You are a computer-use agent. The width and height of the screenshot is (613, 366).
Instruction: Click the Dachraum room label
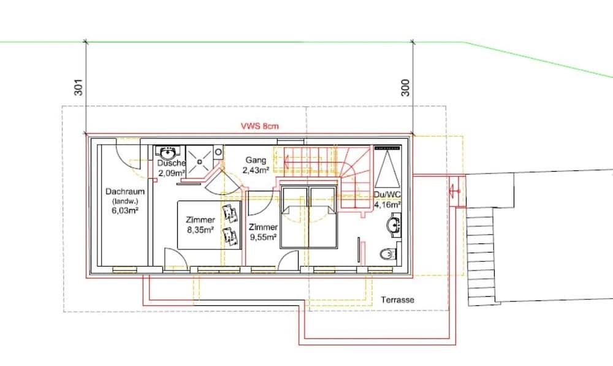click(x=125, y=192)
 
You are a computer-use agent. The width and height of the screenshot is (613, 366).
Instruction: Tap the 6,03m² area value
click(x=125, y=211)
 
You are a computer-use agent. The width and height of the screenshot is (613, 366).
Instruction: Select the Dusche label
click(x=171, y=163)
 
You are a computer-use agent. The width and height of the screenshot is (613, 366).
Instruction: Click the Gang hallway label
click(x=256, y=160)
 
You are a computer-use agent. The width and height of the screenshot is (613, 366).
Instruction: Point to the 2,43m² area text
click(x=256, y=170)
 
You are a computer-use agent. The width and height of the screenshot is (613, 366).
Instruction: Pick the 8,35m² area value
click(x=200, y=230)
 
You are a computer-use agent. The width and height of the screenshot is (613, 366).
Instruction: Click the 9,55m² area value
click(x=263, y=237)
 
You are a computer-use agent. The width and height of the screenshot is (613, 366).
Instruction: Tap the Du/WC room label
click(x=387, y=195)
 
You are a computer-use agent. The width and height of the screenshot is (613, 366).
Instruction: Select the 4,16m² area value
click(x=387, y=205)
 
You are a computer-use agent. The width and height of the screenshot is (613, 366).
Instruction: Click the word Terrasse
click(x=398, y=300)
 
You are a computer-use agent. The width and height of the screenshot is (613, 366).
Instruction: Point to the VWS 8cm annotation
click(x=260, y=126)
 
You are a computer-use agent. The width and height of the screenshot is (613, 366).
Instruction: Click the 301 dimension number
click(x=78, y=87)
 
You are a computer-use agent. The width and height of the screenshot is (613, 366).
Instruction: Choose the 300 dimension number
click(x=405, y=88)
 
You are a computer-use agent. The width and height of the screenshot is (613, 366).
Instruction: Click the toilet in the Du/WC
click(x=389, y=254)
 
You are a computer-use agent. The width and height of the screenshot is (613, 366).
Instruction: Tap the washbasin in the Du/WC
click(x=394, y=225)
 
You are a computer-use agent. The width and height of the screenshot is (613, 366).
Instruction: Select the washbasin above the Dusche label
click(x=168, y=151)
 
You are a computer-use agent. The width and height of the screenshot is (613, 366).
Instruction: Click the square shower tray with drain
click(x=199, y=161)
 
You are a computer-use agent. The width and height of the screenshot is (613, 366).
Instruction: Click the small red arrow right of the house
click(x=455, y=191)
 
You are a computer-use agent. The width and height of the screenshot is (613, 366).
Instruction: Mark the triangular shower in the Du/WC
click(x=387, y=168)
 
